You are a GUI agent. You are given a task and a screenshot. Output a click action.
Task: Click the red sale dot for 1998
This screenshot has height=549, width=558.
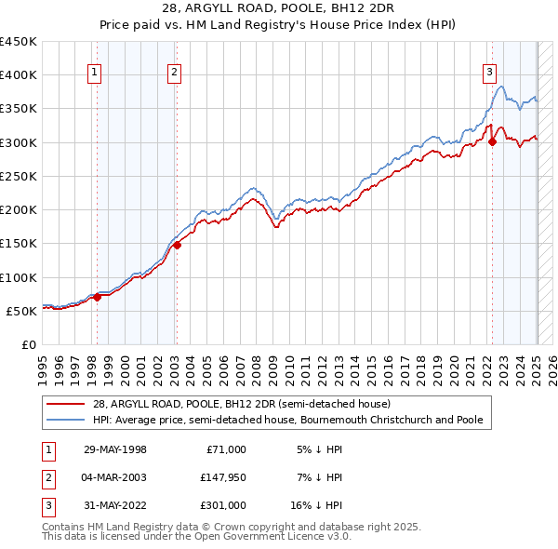[x=97, y=297]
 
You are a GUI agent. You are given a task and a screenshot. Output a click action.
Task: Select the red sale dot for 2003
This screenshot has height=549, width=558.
[x=176, y=246]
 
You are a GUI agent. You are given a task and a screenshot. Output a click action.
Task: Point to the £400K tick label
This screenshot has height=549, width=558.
[x=19, y=75]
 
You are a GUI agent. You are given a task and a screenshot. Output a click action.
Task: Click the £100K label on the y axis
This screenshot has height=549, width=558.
[x=19, y=277]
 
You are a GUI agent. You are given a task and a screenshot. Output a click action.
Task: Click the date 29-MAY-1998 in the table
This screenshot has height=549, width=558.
[x=116, y=449]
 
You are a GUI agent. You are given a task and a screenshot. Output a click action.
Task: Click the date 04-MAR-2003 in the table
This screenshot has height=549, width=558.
[x=116, y=477]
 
